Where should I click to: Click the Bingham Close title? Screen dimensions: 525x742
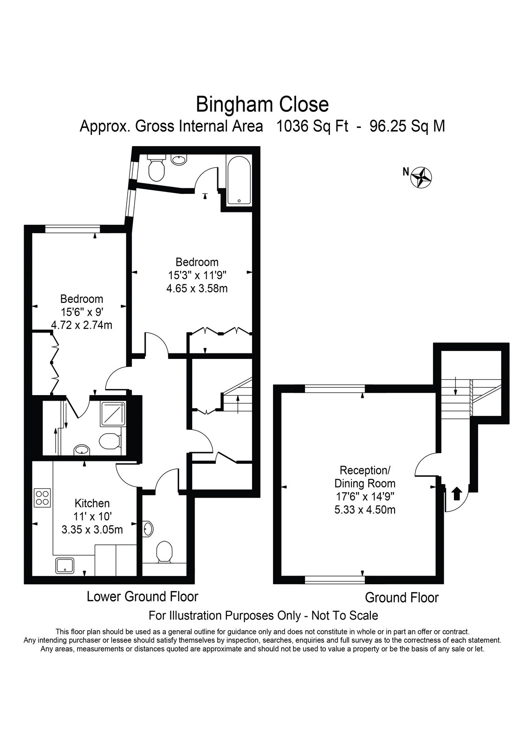click(262, 104)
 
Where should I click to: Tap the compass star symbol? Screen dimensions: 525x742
click(421, 178)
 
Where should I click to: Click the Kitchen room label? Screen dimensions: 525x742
click(92, 503)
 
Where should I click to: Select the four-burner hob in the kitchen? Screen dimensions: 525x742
click(42, 498)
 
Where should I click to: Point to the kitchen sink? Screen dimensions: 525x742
click(65, 565)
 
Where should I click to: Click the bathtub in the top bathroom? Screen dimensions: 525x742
click(239, 180)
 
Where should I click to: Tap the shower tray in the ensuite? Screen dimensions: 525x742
click(113, 414)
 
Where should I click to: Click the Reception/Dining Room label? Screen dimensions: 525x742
click(365, 477)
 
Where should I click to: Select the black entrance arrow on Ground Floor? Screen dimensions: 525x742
click(457, 493)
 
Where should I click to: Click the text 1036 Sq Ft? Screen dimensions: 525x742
click(312, 126)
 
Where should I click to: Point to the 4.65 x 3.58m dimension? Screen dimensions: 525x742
click(197, 288)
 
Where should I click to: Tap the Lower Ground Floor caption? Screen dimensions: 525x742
click(143, 596)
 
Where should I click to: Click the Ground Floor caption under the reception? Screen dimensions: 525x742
click(402, 598)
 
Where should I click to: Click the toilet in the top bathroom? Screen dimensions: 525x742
click(156, 168)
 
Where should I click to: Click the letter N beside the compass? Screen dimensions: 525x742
click(406, 172)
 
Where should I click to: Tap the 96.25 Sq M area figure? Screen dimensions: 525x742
click(407, 126)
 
